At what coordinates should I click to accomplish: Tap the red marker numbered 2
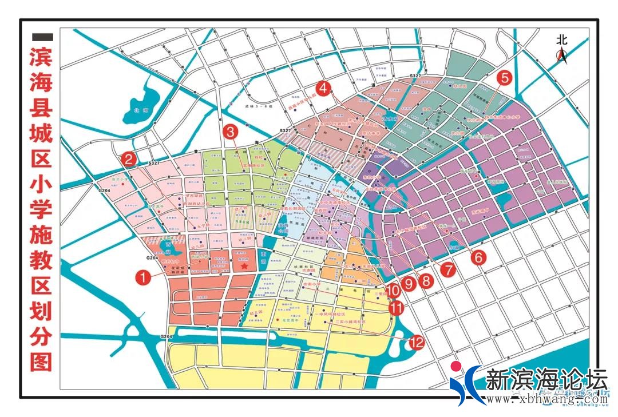(x=128, y=158)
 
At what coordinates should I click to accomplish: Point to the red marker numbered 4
(x=324, y=88)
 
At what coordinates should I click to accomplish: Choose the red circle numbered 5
(x=504, y=77)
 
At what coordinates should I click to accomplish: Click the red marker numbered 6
(x=478, y=257)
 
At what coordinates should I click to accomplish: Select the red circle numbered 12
(x=416, y=343)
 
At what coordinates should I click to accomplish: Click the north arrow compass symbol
(x=563, y=55)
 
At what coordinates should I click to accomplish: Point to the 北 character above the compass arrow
(x=562, y=39)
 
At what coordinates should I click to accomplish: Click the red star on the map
(x=244, y=266)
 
